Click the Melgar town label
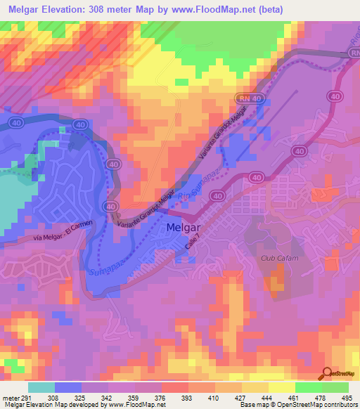[185, 228]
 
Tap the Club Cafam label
[276, 259]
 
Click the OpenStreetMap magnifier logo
[328, 372]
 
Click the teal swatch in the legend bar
[41, 387]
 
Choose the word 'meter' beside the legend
[11, 397]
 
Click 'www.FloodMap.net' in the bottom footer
[131, 405]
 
